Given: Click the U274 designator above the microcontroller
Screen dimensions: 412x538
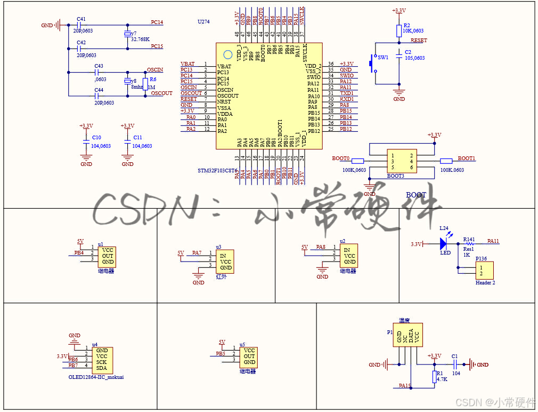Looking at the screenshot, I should (203, 22).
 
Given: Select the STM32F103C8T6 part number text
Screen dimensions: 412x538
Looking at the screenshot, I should (217, 170).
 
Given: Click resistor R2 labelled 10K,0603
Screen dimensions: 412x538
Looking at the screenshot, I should (399, 31).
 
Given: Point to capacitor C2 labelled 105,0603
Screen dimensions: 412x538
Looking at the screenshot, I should (399, 55).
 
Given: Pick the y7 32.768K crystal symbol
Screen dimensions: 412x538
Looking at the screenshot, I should (127, 35).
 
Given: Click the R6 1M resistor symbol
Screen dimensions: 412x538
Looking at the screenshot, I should (145, 84).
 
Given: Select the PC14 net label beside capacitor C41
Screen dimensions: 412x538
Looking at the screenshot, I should (157, 22).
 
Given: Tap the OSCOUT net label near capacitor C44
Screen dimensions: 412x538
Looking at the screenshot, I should (161, 93).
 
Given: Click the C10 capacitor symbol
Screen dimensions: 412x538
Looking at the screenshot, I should (86, 141).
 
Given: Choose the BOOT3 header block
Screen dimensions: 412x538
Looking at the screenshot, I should (402, 161).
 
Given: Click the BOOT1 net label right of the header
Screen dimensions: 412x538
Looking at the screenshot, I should (466, 159).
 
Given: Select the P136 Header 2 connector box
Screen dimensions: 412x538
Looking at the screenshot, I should (484, 270).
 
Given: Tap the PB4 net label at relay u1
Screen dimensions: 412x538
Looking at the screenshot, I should (79, 252).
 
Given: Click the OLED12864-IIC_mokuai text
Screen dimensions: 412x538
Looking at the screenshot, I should (96, 377).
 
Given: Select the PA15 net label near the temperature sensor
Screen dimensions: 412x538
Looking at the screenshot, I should (405, 385).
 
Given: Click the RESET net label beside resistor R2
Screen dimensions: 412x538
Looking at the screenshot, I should (419, 41).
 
